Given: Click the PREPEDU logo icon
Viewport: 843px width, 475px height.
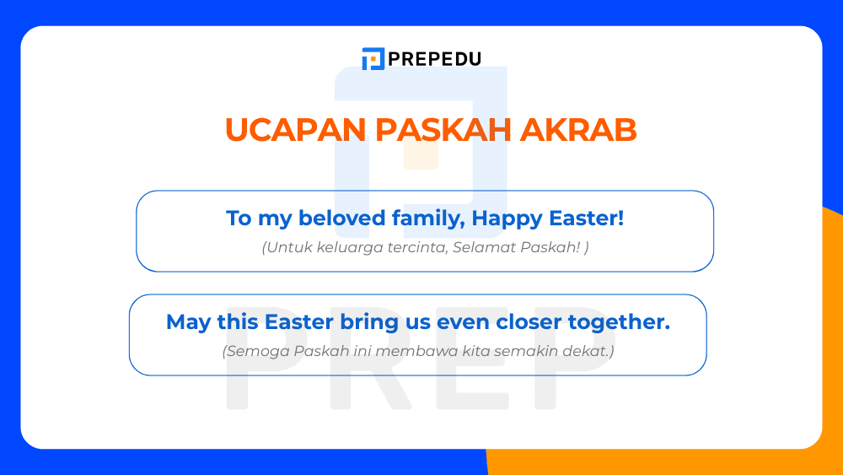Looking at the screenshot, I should click(373, 59).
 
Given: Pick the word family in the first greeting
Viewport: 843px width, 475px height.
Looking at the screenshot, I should click(428, 219).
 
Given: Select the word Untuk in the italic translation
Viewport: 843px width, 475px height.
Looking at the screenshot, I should click(285, 248).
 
